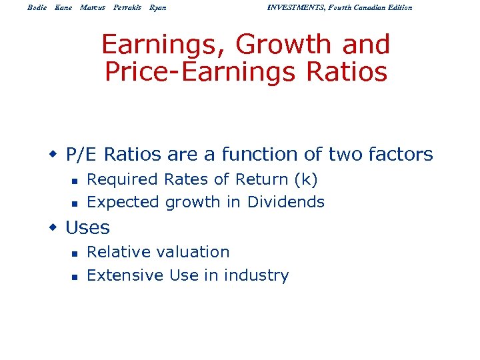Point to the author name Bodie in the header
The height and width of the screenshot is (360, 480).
(37, 7)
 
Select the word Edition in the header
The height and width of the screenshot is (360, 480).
(397, 7)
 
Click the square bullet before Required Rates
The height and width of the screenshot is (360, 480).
(75, 180)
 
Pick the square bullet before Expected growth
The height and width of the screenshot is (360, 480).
(75, 203)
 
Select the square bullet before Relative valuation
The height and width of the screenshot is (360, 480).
(75, 253)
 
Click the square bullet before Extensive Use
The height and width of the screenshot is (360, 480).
(75, 276)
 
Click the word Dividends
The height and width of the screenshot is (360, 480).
(286, 202)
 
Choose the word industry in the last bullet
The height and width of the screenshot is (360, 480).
(256, 275)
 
